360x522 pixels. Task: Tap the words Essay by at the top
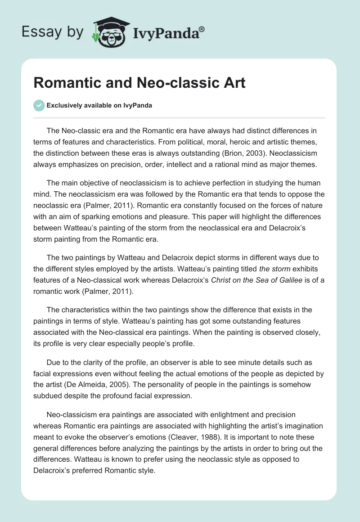52,32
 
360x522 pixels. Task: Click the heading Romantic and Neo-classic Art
139,83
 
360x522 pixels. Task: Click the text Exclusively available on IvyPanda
99,105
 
